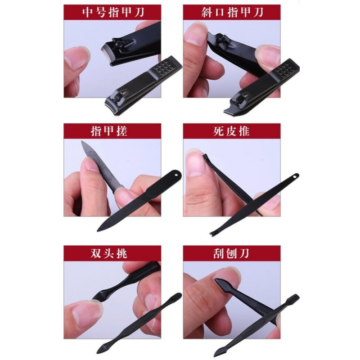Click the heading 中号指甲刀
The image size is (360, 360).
click(113, 12)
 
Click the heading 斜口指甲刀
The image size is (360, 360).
click(232, 12)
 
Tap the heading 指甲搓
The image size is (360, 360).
click(109, 131)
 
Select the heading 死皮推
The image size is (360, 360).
click(231, 131)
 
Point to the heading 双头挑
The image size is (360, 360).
click(109, 253)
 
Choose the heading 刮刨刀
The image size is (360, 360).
click(231, 253)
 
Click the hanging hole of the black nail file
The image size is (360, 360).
click(176, 175)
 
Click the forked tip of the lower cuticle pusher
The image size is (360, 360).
click(212, 233)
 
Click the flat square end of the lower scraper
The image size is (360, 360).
click(294, 298)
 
